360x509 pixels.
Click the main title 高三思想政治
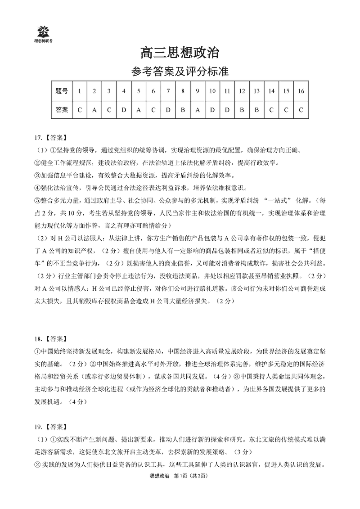coord(180,53)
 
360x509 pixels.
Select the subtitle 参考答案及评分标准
coord(180,71)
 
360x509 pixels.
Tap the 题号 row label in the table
coord(62,91)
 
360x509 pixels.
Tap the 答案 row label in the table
coord(62,109)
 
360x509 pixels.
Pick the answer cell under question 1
coord(80,109)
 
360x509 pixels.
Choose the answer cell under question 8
coord(183,109)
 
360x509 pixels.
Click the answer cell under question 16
coord(301,109)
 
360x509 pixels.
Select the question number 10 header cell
coord(212,91)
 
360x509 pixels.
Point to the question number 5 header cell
coord(139,91)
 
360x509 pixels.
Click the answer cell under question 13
coord(256,109)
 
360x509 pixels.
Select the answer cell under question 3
coord(109,109)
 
